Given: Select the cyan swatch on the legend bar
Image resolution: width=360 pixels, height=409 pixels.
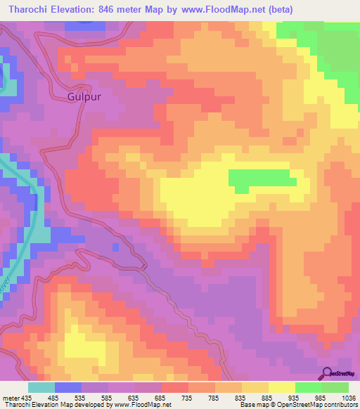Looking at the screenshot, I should [41, 387].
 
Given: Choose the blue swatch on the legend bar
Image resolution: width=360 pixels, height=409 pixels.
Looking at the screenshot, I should [68, 387].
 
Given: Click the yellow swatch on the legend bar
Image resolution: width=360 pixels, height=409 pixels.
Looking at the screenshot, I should [281, 387].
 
